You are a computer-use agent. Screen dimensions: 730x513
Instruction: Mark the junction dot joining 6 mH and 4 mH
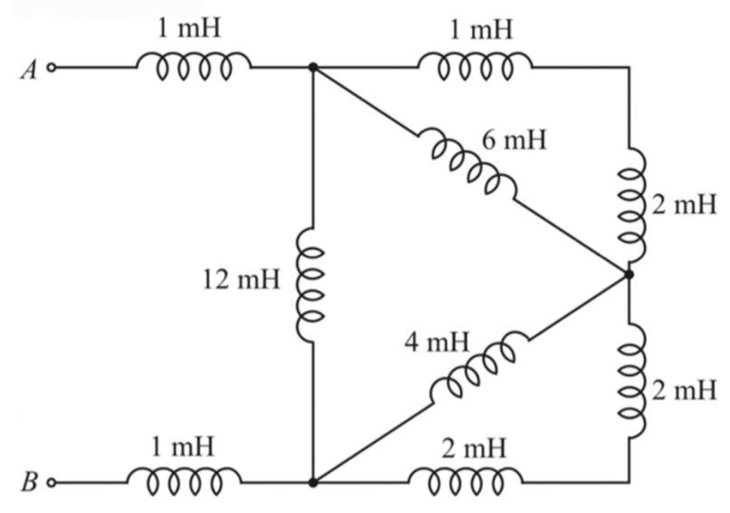pyautogui.click(x=627, y=273)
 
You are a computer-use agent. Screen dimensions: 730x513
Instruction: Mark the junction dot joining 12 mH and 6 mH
pyautogui.click(x=312, y=67)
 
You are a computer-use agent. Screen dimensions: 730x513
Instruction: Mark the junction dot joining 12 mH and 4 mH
pyautogui.click(x=312, y=482)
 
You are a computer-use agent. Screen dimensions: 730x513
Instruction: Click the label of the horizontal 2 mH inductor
pyautogui.click(x=467, y=447)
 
